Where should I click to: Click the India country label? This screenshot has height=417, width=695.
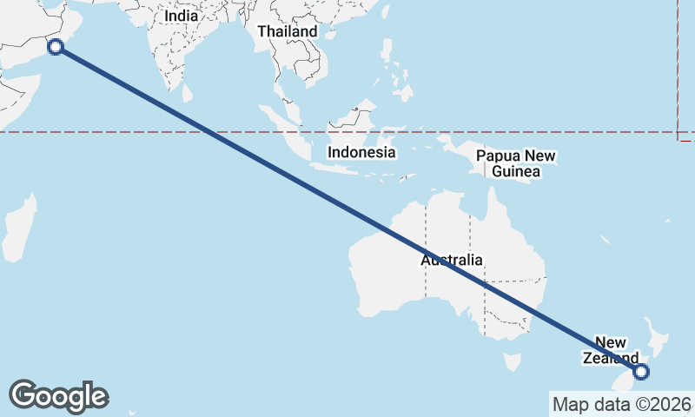click(181, 16)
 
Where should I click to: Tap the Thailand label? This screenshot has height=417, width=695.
click(288, 31)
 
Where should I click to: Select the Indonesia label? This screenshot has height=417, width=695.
click(361, 152)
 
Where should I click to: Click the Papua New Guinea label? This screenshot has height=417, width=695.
click(516, 164)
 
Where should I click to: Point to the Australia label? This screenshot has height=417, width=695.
click(452, 260)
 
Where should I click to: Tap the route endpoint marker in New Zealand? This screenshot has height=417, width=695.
click(641, 372)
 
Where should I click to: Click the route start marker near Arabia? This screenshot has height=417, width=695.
click(56, 47)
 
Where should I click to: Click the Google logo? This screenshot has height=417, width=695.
click(58, 396)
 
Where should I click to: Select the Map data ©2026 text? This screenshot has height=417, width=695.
click(622, 404)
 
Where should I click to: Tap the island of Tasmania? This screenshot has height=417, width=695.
click(512, 360)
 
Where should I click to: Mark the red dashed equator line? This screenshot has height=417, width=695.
click(130, 132)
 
